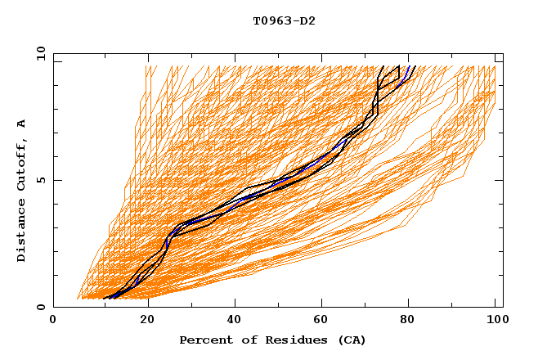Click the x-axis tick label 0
(x=53, y=320)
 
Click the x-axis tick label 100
(x=495, y=320)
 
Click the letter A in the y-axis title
(x=22, y=124)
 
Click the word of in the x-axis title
(x=243, y=340)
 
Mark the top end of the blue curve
(x=409, y=66)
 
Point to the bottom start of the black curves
(x=105, y=298)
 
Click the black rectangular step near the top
(x=388, y=74)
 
